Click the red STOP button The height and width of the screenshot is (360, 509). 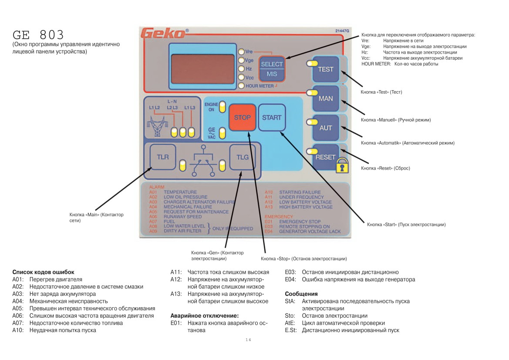[x=242, y=117]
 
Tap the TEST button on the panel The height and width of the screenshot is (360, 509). [x=326, y=69]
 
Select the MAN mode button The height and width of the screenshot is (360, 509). [x=326, y=98]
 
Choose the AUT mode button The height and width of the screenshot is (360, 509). [x=326, y=128]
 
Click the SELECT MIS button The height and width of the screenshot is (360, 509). [x=272, y=69]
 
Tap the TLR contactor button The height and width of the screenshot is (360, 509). [x=163, y=157]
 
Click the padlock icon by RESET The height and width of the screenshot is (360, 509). [x=342, y=165]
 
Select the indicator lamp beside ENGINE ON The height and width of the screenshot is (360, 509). [x=222, y=107]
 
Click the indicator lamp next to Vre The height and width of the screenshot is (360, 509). [x=241, y=52]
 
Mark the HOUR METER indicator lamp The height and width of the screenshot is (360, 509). [x=241, y=86]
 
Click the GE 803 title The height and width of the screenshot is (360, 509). [x=38, y=35]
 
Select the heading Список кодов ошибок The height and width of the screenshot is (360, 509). [x=43, y=272]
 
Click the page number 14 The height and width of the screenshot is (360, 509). [x=248, y=340]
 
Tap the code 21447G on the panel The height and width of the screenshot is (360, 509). [x=342, y=31]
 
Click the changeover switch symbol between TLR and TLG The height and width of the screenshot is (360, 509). [x=203, y=161]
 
